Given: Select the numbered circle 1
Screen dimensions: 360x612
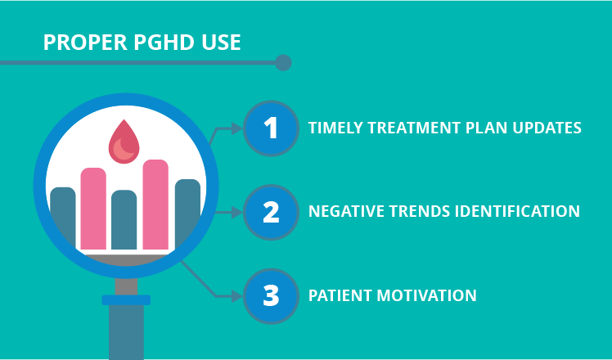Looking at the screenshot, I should pos(271,128).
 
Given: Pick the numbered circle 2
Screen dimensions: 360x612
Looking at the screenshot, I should pos(271,212).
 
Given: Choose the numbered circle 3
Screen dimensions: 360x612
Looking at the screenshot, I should pos(271,295).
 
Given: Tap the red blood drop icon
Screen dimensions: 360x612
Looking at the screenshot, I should pos(124,141).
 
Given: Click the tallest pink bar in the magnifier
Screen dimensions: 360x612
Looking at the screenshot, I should pos(155,205).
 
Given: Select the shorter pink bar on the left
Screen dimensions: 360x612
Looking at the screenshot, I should pos(93,209).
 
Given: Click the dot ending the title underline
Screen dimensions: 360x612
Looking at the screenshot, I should pos(283,62).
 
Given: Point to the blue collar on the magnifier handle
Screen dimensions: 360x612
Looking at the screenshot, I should pos(126,300).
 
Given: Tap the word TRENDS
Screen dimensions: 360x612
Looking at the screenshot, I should pos(416,211).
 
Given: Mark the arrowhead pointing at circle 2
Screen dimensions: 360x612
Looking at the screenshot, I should pos(238,212).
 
